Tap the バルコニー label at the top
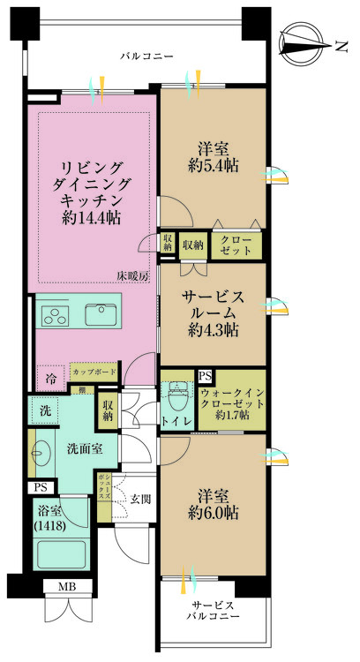(x=146, y=56)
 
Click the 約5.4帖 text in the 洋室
(x=211, y=164)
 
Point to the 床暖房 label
(x=134, y=276)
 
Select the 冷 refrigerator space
(x=49, y=376)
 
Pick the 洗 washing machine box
(x=44, y=410)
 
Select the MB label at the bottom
(x=67, y=587)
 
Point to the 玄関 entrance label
(x=139, y=500)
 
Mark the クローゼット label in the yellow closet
(x=236, y=246)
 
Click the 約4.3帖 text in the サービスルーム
(x=211, y=330)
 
